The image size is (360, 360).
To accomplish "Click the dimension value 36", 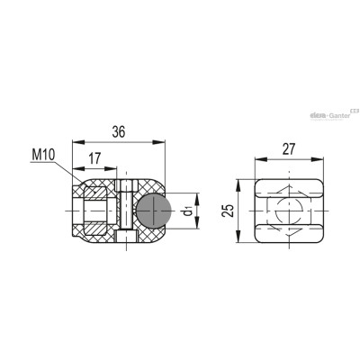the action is (119, 132).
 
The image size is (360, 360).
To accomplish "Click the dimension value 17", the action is (94, 158).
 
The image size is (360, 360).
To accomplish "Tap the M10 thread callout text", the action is (44, 155).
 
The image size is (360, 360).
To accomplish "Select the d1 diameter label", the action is (188, 211).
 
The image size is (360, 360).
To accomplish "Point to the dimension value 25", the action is (229, 211).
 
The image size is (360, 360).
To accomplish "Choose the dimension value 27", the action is (289, 149).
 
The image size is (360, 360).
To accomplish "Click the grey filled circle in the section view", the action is (155, 211).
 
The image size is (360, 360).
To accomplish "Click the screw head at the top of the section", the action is (126, 185).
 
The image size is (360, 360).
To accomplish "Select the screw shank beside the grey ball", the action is (126, 210).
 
